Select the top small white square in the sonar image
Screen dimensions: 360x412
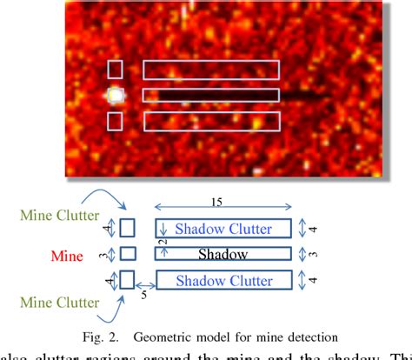(x=115, y=70)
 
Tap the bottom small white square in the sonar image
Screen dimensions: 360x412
(x=115, y=121)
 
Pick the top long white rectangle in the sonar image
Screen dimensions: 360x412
(x=210, y=70)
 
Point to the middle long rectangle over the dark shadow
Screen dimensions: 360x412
(x=210, y=95)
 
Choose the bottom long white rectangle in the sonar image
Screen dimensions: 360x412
(x=210, y=121)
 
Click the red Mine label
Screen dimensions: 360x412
(x=66, y=256)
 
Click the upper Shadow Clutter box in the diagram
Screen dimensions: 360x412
(x=223, y=230)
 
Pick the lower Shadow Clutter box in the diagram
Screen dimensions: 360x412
(x=223, y=280)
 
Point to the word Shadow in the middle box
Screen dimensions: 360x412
(x=223, y=255)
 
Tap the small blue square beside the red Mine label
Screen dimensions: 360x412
(x=128, y=254)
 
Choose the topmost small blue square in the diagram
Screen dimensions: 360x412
(x=128, y=229)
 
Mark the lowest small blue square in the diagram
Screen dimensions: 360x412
(x=128, y=280)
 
